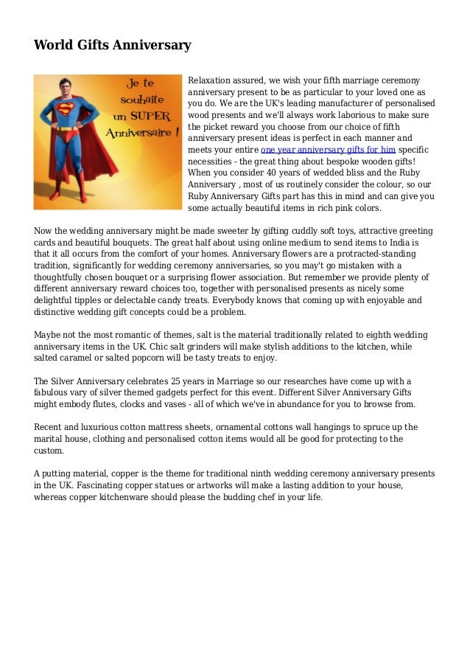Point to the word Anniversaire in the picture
[140, 135]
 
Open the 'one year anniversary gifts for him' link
[328, 149]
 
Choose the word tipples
[98, 300]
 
